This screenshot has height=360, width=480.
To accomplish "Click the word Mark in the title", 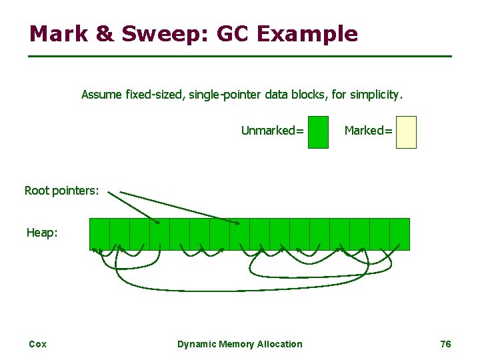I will [57, 33].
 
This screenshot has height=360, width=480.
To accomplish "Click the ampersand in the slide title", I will [105, 33].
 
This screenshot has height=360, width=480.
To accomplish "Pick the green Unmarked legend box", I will [319, 131].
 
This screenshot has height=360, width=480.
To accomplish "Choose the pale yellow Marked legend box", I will [405, 131].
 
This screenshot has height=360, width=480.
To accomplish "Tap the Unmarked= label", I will [272, 131].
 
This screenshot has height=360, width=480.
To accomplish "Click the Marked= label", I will [368, 131].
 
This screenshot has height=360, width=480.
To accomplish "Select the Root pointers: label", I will [61, 191].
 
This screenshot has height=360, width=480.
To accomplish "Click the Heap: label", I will [42, 233].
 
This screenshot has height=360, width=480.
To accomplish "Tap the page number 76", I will [446, 344].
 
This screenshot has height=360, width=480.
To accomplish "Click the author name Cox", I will [37, 344].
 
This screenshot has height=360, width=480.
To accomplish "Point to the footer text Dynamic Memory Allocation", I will [239, 344].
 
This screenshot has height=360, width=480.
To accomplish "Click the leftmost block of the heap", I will [99, 234].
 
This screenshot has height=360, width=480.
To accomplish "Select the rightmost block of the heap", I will [399, 234].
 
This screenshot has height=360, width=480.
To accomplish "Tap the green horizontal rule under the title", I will [240, 56].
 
